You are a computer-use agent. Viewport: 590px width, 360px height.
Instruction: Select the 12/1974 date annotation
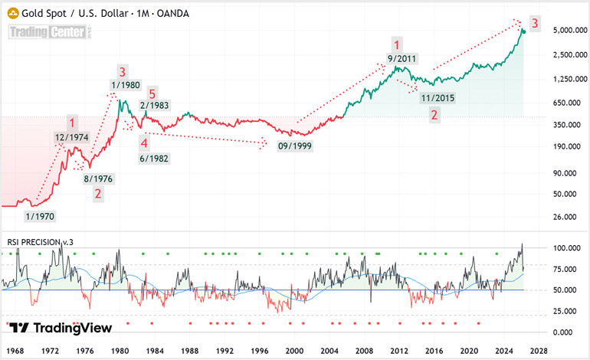click(70, 138)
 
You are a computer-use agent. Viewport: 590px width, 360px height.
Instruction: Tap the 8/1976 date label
click(98, 178)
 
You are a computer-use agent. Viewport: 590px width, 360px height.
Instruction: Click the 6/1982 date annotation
click(154, 158)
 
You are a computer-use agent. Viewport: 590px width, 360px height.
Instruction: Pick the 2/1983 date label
click(154, 106)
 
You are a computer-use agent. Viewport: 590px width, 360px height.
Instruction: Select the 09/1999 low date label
click(294, 145)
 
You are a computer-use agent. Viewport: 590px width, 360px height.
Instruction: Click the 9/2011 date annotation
click(402, 59)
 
